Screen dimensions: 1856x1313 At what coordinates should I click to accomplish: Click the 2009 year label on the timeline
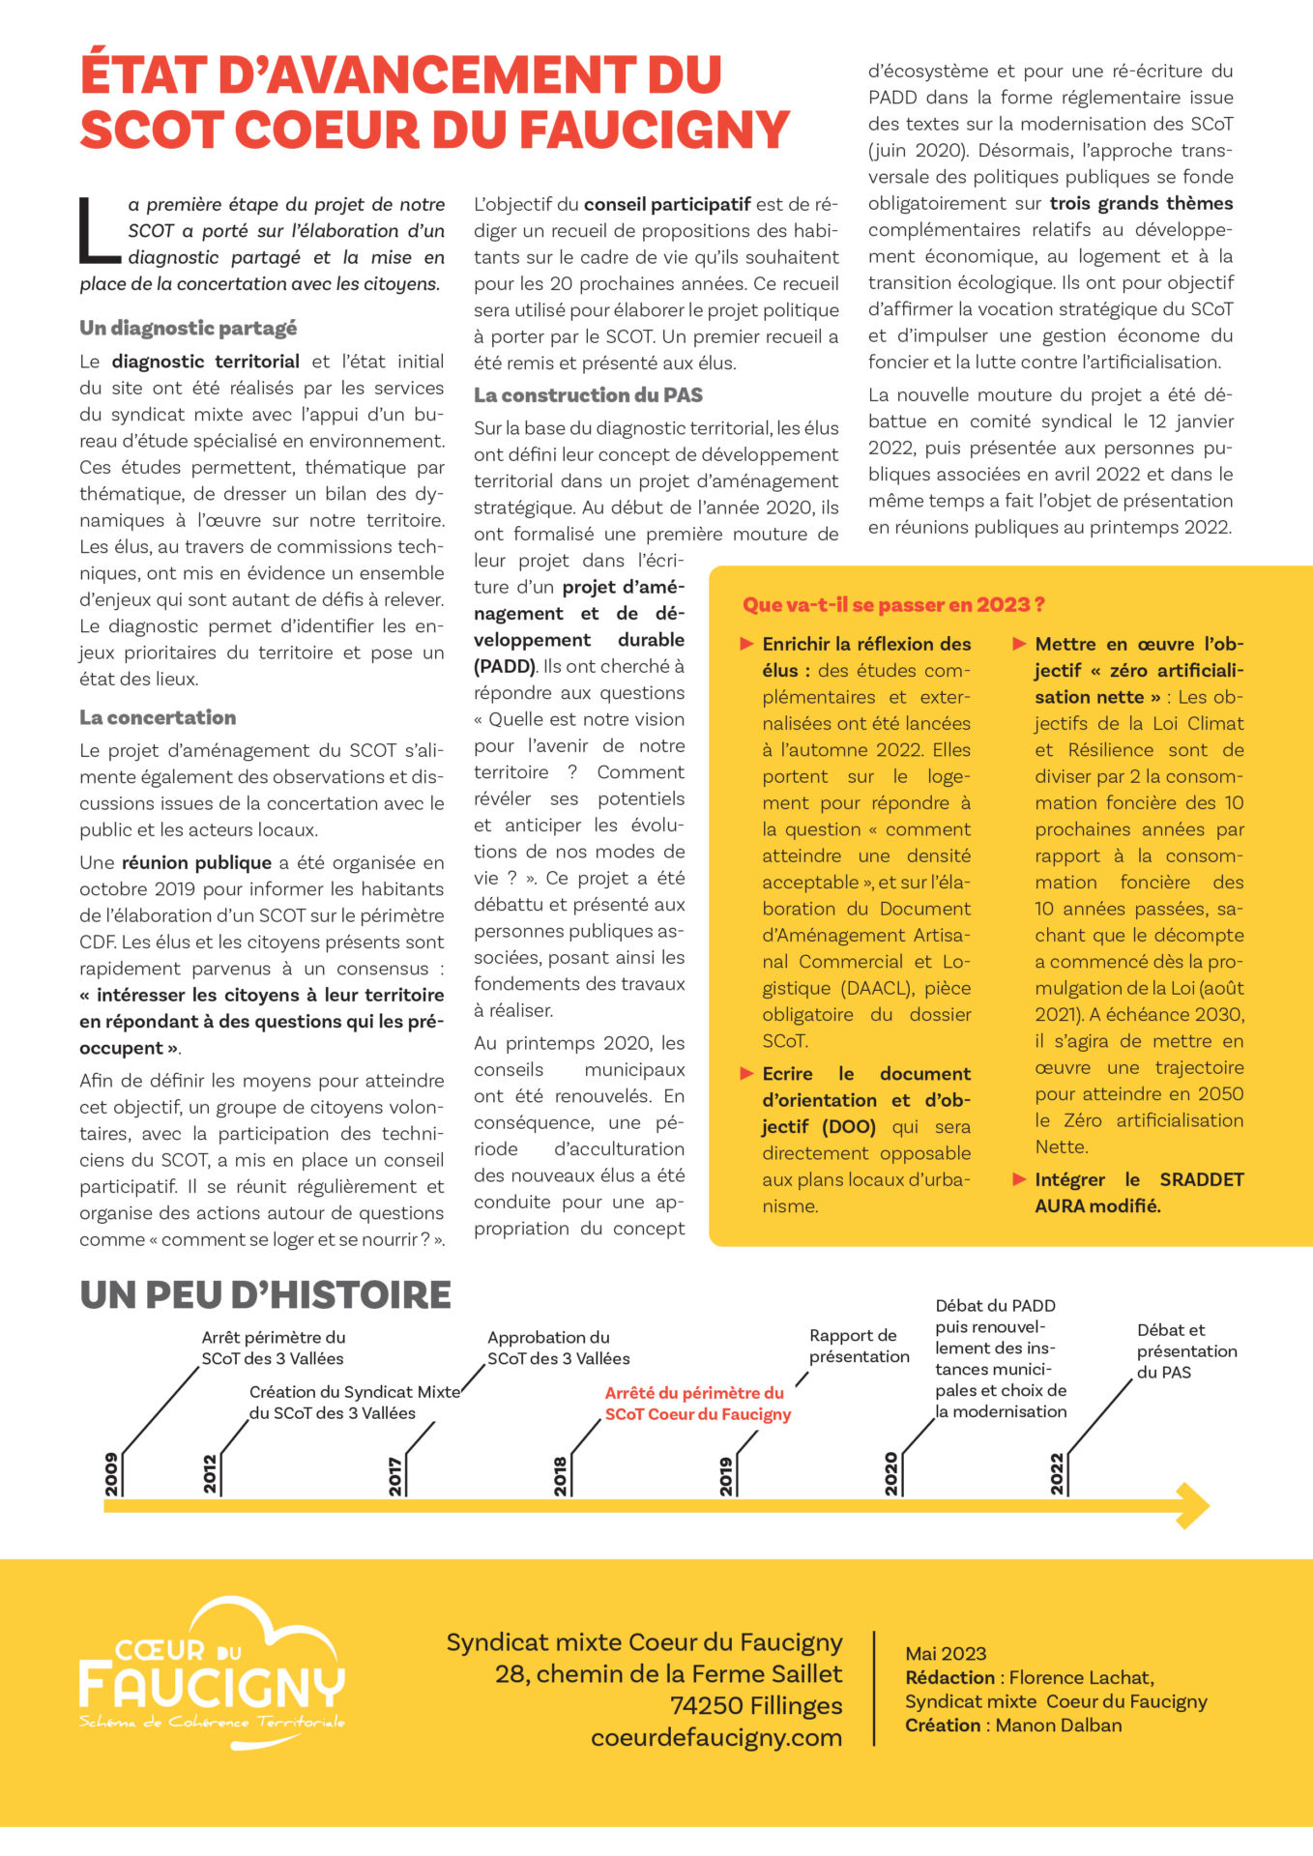point(112,1474)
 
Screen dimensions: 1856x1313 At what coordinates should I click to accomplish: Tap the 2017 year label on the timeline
point(395,1476)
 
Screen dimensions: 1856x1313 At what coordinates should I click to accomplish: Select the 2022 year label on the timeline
point(1058,1474)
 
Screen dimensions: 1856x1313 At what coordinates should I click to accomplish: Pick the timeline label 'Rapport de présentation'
point(859,1346)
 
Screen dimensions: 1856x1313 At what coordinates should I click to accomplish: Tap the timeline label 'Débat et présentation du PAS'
point(1186,1350)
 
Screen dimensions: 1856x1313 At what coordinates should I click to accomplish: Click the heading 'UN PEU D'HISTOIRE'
point(265,1294)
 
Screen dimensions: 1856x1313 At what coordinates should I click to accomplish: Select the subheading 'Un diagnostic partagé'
point(189,328)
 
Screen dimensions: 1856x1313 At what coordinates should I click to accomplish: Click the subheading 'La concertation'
point(158,717)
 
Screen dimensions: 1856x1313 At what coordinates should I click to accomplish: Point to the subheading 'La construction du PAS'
point(588,394)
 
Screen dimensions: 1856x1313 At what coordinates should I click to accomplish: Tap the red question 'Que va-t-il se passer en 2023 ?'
point(893,605)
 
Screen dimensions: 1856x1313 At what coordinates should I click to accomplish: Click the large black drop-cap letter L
point(99,230)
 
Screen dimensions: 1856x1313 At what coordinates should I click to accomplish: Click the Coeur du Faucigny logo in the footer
point(212,1674)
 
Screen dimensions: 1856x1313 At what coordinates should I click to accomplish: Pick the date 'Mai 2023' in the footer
point(946,1654)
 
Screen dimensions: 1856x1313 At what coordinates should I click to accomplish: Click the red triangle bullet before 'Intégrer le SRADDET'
point(1019,1179)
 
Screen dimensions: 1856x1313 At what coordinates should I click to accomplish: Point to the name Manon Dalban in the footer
point(1059,1725)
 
